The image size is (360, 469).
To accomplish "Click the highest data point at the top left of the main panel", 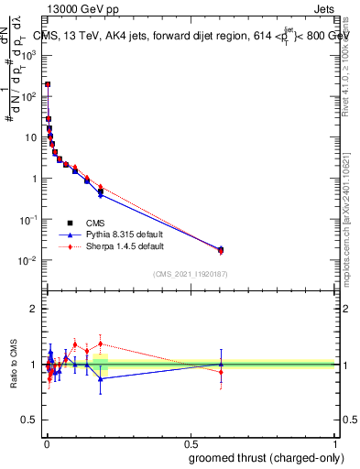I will [x=48, y=84].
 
